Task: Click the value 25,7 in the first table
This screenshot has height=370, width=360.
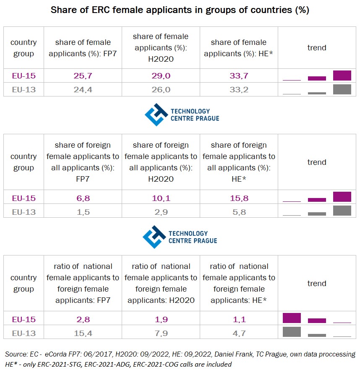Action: click(83, 76)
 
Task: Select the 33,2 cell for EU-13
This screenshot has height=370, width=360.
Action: click(238, 89)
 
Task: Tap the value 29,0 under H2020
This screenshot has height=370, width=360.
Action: click(161, 76)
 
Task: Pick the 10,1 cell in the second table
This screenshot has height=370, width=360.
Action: click(161, 198)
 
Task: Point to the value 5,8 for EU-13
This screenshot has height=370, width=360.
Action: click(238, 212)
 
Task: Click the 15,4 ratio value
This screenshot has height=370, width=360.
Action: click(83, 334)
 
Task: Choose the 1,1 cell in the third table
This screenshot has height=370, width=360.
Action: click(238, 320)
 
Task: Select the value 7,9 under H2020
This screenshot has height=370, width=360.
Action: click(161, 334)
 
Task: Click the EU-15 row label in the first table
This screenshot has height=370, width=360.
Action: click(24, 76)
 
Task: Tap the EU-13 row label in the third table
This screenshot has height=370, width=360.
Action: click(24, 334)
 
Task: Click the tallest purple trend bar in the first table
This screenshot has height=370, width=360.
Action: click(342, 76)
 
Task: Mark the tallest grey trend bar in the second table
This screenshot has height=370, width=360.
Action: click(342, 211)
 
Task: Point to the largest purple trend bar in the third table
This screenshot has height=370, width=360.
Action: click(292, 318)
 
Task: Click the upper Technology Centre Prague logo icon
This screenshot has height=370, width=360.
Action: click(156, 115)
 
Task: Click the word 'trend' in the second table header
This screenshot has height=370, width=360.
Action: click(317, 162)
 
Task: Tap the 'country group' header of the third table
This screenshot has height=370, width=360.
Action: click(24, 284)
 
